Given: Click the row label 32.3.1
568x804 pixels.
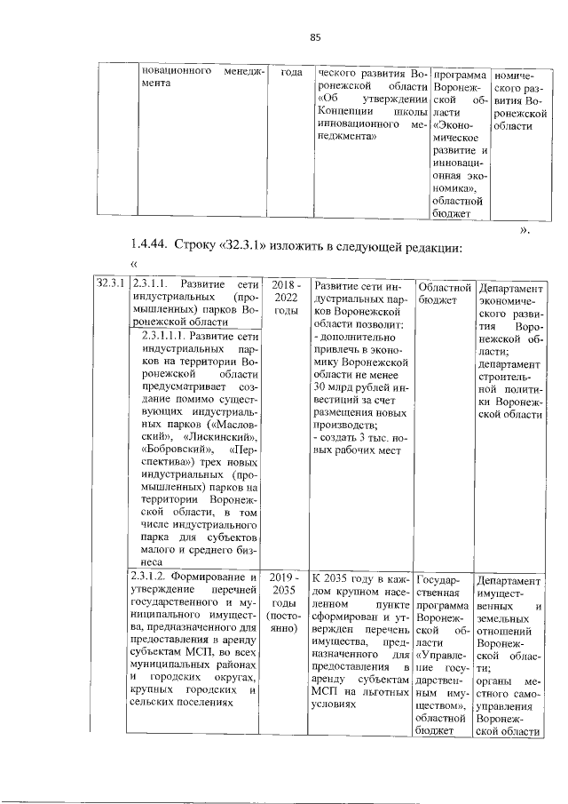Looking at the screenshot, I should coord(110,283).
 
